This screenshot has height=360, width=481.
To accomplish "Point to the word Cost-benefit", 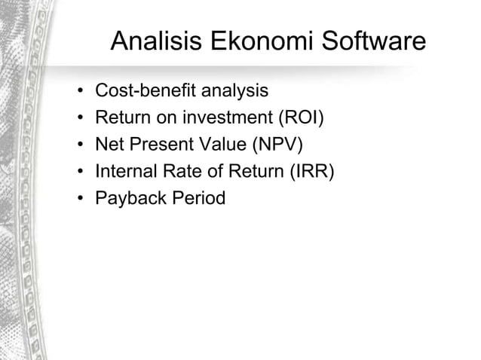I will (142, 91).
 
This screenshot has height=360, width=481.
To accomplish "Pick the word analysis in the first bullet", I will (230, 91).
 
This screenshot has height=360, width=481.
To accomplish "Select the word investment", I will (233, 118).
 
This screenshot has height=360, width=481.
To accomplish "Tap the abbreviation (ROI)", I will (305, 118).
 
